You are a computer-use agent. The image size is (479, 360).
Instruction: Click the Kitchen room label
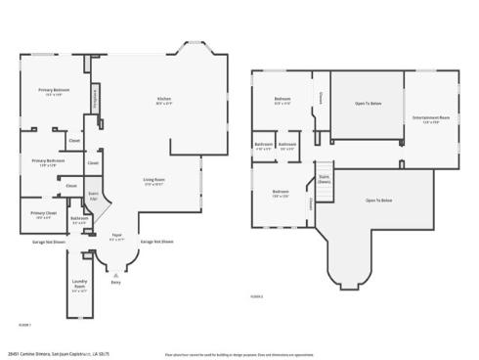(x=164, y=99)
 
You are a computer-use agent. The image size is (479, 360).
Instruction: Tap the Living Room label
(x=153, y=180)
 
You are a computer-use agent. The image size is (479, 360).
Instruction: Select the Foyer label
(x=116, y=236)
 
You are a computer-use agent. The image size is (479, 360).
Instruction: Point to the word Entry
(x=115, y=281)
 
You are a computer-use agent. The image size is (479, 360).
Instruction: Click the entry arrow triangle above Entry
(x=115, y=272)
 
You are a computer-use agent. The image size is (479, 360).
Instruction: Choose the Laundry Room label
(x=79, y=288)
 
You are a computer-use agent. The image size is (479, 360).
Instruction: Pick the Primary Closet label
(x=42, y=213)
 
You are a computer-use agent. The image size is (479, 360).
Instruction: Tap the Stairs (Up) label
(x=93, y=195)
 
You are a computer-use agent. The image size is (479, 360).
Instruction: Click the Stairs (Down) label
(x=324, y=179)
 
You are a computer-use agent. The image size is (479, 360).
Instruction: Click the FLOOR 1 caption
(x=23, y=323)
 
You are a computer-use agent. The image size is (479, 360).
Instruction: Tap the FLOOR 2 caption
(x=256, y=295)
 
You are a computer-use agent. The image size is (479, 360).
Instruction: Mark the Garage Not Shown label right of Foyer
(x=156, y=241)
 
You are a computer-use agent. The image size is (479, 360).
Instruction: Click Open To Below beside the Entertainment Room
(x=369, y=103)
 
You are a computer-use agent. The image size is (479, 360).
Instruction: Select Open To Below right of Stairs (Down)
(x=378, y=200)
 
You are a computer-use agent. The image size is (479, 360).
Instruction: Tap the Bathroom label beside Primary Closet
(x=79, y=219)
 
